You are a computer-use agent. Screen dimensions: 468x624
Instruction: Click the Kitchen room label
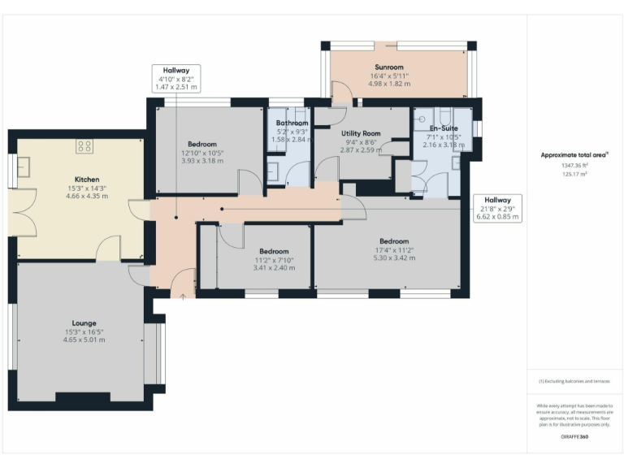pyautogui.click(x=86, y=179)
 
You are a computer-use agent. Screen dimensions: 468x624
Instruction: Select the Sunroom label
pyautogui.click(x=389, y=67)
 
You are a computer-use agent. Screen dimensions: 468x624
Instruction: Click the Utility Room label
pyautogui.click(x=361, y=132)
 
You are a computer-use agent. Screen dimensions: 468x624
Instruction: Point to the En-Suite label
pyautogui.click(x=444, y=128)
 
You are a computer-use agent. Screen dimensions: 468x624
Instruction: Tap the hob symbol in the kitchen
pyautogui.click(x=84, y=146)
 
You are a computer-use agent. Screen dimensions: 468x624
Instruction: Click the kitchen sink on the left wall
pyautogui.click(x=22, y=166)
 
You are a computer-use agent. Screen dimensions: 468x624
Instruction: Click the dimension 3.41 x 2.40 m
pyautogui.click(x=274, y=268)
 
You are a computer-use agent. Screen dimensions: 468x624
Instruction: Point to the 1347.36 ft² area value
pyautogui.click(x=574, y=165)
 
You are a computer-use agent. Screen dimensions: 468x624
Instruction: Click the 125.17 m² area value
pyautogui.click(x=574, y=173)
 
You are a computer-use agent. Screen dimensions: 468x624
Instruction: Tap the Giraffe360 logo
pyautogui.click(x=574, y=437)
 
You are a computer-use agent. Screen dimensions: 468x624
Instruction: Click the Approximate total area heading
pyautogui.click(x=574, y=154)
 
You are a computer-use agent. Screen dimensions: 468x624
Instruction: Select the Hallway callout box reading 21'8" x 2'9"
pyautogui.click(x=497, y=209)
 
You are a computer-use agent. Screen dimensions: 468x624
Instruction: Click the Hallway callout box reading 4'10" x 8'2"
pyautogui.click(x=175, y=78)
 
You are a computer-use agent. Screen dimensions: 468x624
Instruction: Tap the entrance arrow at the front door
pyautogui.click(x=183, y=297)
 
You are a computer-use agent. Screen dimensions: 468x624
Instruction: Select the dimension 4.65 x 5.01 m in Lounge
pyautogui.click(x=84, y=340)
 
